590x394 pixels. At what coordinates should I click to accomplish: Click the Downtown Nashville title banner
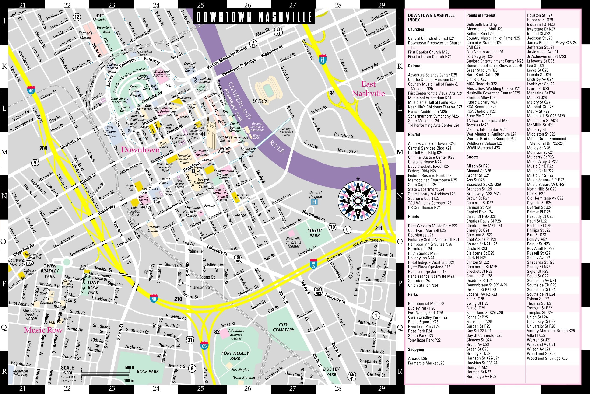click(254, 17)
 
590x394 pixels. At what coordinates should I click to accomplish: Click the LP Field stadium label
click(260, 101)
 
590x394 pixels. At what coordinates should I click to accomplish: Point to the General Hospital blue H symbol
click(314, 202)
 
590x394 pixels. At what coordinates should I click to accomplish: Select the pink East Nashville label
click(368, 89)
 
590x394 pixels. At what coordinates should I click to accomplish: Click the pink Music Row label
click(43, 330)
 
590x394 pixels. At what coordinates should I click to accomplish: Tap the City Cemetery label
click(283, 327)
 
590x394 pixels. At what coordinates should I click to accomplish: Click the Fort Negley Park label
click(235, 356)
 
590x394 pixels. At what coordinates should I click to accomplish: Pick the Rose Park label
click(147, 371)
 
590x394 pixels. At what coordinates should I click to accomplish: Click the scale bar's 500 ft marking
click(130, 367)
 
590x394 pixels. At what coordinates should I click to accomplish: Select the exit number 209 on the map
click(43, 148)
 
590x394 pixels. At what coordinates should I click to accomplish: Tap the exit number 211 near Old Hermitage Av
click(379, 228)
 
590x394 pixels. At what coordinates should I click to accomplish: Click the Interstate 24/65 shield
click(322, 59)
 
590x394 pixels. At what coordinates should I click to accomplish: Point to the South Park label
click(314, 233)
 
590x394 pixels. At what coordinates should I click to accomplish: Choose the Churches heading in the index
click(416, 29)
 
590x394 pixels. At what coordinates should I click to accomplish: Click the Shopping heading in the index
click(416, 349)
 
